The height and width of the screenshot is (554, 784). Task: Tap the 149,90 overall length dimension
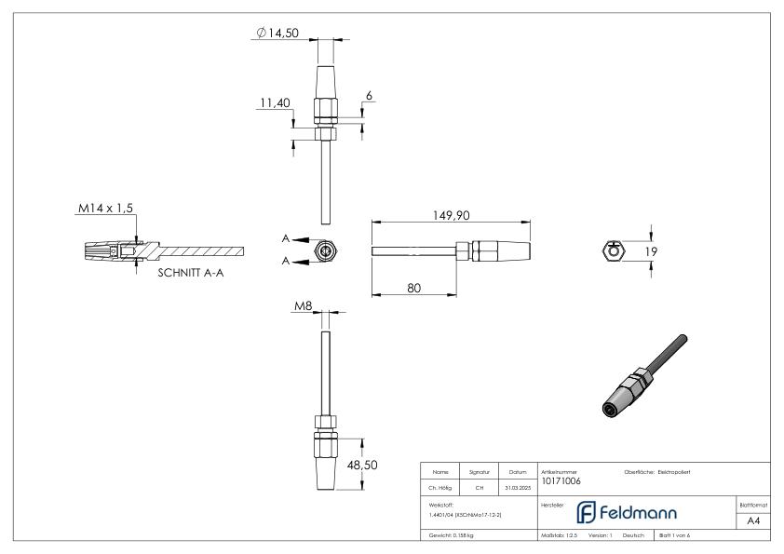point(450,214)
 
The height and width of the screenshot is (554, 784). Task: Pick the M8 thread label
point(300,305)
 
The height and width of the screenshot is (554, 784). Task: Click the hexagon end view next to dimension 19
point(610,250)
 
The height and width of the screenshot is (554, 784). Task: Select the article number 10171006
point(561,481)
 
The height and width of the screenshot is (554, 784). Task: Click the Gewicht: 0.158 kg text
point(452,536)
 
